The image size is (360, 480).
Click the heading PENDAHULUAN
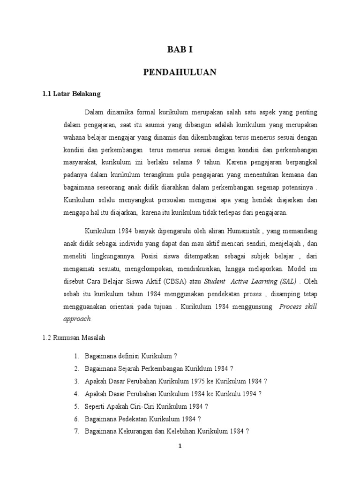(180, 72)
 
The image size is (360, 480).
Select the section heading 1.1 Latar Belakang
(71, 94)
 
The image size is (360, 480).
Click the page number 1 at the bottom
(180, 447)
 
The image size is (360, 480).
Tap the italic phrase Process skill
(298, 306)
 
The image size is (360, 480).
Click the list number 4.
(76, 394)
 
